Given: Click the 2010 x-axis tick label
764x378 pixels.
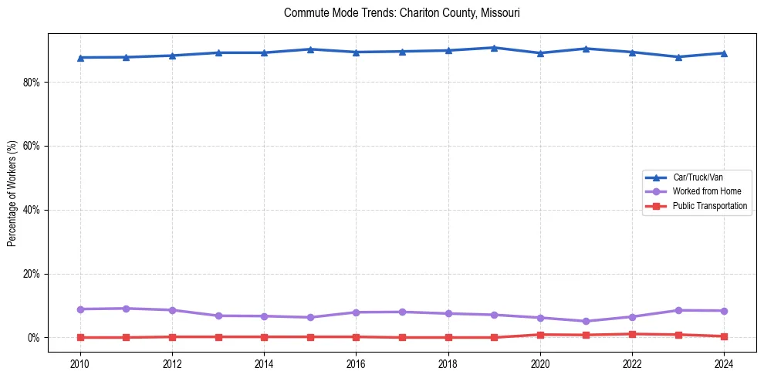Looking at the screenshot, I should [80, 363].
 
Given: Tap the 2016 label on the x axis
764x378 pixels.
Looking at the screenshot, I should [357, 363].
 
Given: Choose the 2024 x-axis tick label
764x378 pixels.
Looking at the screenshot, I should [724, 363].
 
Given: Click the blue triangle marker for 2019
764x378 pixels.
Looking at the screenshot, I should [494, 48].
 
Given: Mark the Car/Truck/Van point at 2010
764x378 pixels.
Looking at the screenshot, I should [80, 57].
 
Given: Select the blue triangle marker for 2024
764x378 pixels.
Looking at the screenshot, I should [724, 53].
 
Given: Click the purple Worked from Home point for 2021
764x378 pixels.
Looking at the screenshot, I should [586, 321].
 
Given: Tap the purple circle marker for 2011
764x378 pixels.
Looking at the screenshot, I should [127, 309].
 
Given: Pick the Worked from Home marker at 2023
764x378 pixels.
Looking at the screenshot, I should [678, 310].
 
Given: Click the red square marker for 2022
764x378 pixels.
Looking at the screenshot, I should [632, 334].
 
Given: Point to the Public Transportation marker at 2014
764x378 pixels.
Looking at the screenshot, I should [264, 336].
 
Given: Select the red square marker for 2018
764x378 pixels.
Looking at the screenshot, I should [448, 337].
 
